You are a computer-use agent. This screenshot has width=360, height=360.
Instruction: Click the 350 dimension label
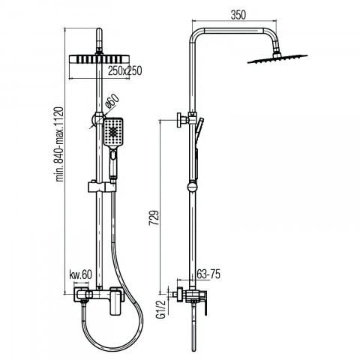pyautogui.click(x=238, y=15)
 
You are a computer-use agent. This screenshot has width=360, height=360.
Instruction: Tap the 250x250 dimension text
pyautogui.click(x=125, y=70)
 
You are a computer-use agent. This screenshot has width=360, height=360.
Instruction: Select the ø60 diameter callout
pyautogui.click(x=112, y=101)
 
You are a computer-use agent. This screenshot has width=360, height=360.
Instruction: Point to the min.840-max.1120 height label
pyautogui.click(x=60, y=144)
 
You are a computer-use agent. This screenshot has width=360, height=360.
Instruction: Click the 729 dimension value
pyautogui.click(x=154, y=218)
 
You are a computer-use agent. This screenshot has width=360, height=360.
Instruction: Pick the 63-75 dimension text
pyautogui.click(x=208, y=274)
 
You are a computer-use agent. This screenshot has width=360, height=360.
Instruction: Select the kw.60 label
pyautogui.click(x=80, y=274)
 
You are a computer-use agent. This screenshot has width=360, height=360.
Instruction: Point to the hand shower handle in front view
pyautogui.click(x=113, y=163)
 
